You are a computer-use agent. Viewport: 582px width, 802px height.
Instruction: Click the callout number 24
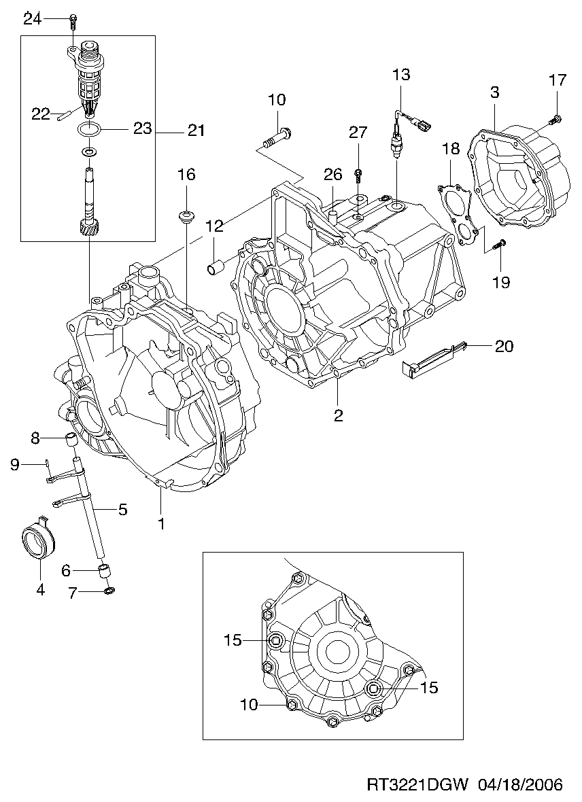(32, 19)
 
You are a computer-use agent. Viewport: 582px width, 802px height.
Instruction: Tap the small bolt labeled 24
(73, 20)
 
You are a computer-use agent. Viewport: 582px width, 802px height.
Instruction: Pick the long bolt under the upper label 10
(275, 139)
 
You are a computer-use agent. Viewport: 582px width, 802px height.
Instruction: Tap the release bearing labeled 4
(39, 540)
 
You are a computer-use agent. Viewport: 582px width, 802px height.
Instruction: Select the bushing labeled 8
(71, 438)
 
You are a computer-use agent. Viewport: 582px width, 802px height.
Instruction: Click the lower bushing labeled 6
(104, 570)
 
